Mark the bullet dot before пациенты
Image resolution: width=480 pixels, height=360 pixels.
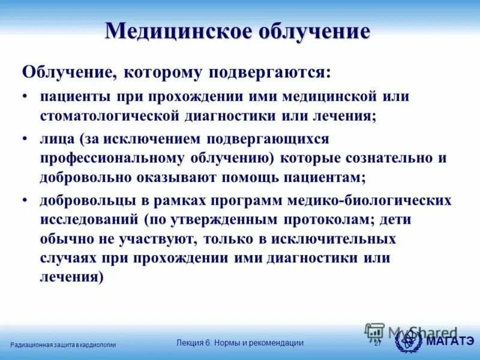[x=26, y=96]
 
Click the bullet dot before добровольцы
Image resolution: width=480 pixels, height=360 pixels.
[x=26, y=200]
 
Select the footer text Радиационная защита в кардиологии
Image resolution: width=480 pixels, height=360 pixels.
[x=64, y=344]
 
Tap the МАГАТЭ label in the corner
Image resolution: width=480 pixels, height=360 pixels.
[x=450, y=342]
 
